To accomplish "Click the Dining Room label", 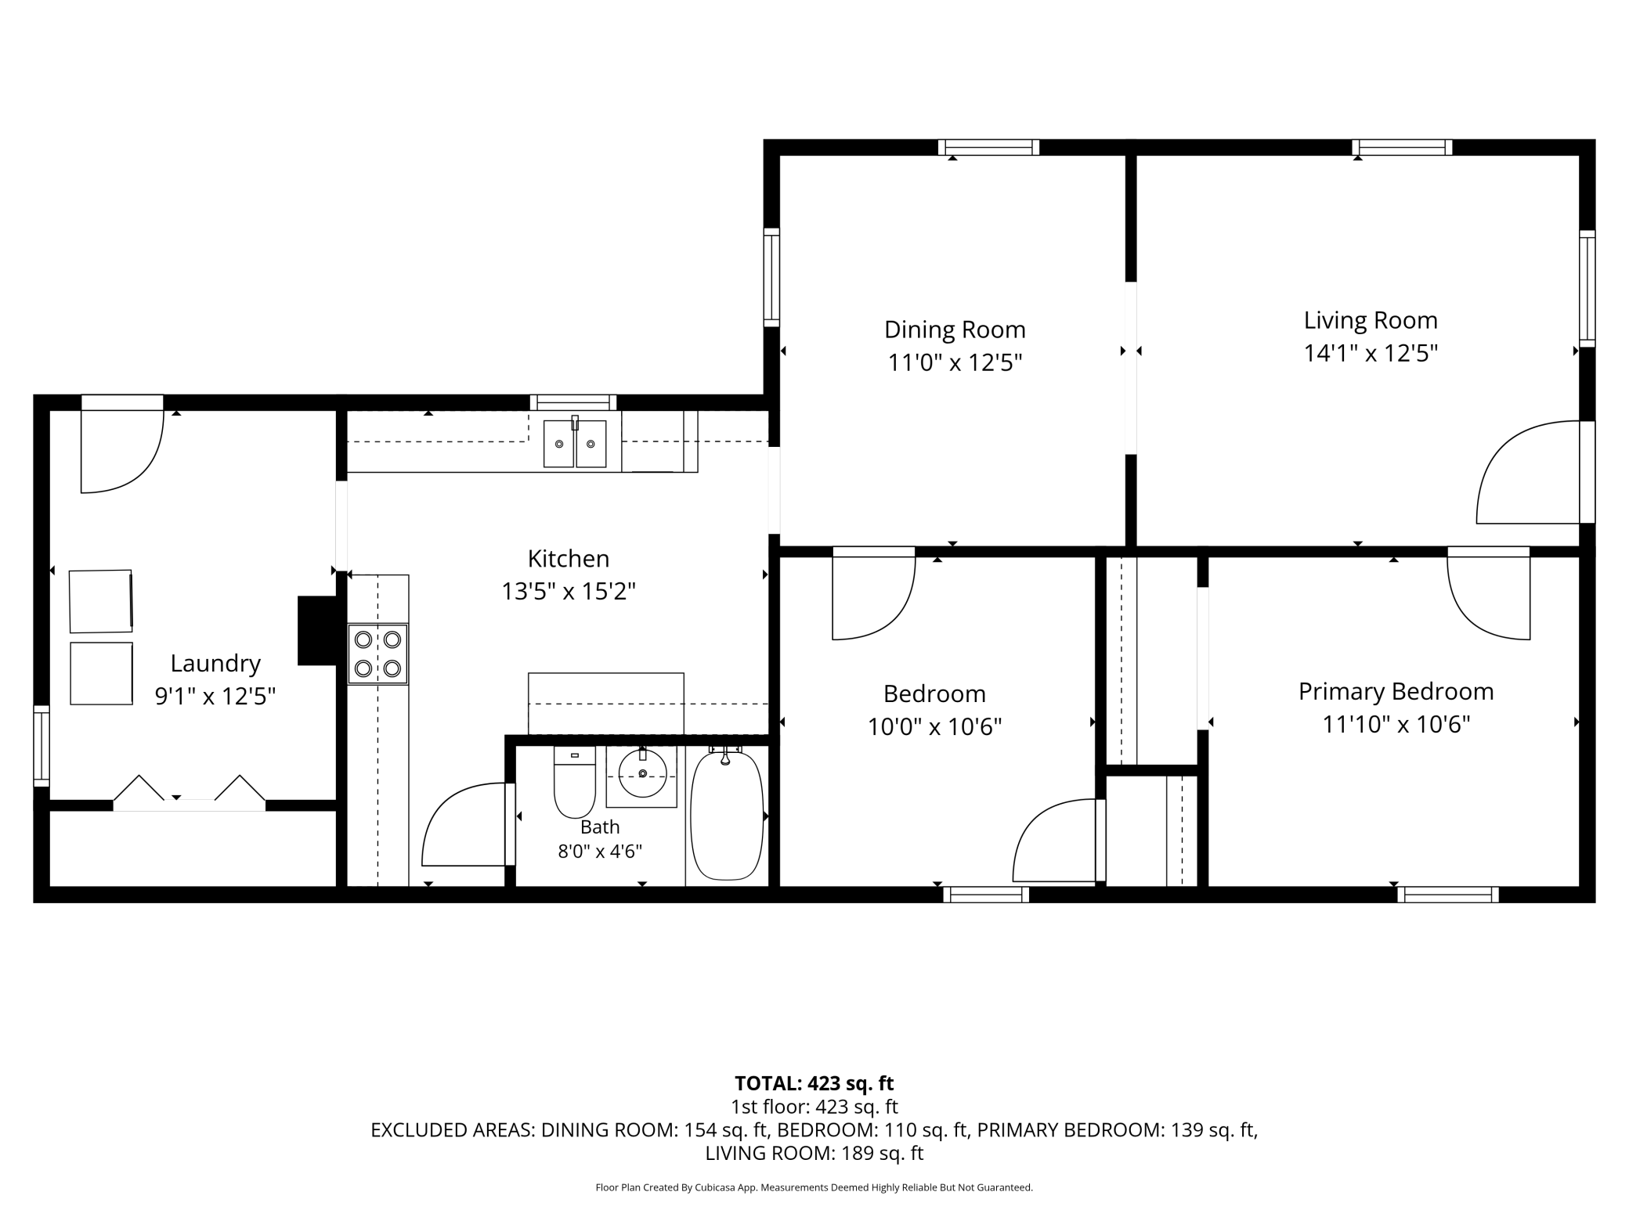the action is click(955, 330).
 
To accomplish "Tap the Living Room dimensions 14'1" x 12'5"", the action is click(1371, 354).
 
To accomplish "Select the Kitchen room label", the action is click(568, 559).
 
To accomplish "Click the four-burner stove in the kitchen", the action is click(377, 654).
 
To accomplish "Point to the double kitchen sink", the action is click(575, 443).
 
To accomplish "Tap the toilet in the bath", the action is click(574, 781).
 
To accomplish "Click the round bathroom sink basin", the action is click(642, 773).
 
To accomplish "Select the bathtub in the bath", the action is click(726, 814).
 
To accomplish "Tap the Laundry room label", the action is click(215, 664).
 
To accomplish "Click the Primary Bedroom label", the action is click(1396, 692).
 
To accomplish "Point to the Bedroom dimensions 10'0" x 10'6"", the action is click(934, 727).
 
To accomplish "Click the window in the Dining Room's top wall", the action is click(988, 147).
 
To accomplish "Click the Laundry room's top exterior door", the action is click(122, 444).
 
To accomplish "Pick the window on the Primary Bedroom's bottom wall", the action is click(1447, 895).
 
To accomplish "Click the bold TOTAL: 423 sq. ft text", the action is click(814, 1083).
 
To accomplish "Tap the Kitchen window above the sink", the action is click(573, 402).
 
